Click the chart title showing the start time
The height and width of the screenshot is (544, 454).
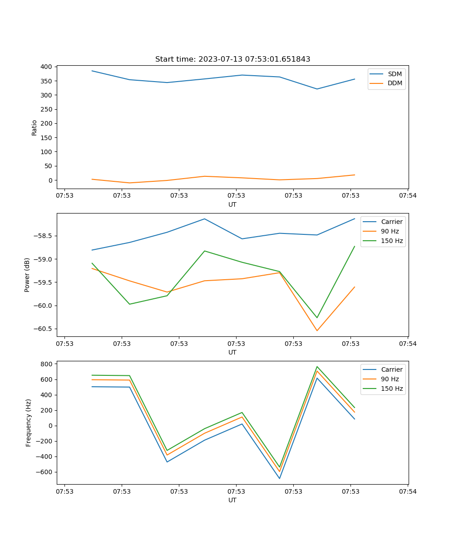coord(232,59)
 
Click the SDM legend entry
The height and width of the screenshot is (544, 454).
coord(395,74)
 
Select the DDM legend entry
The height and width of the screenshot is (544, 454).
coord(395,83)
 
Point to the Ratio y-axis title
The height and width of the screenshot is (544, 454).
coord(35,127)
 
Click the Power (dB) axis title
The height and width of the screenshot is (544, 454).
coord(27,275)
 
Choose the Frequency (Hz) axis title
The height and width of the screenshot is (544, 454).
coord(28,423)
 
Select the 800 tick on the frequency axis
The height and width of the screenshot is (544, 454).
coord(47,364)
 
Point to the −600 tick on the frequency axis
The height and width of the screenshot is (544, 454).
coord(45,472)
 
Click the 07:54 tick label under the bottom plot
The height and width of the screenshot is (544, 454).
coord(408,491)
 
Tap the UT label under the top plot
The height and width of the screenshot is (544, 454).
coord(232,204)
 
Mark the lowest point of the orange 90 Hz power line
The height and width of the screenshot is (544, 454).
coord(317,330)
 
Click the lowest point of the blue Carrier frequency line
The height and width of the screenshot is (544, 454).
coord(280,478)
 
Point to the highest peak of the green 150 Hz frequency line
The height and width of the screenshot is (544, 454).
coord(317,367)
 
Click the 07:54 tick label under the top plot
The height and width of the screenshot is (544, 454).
coord(408,195)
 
